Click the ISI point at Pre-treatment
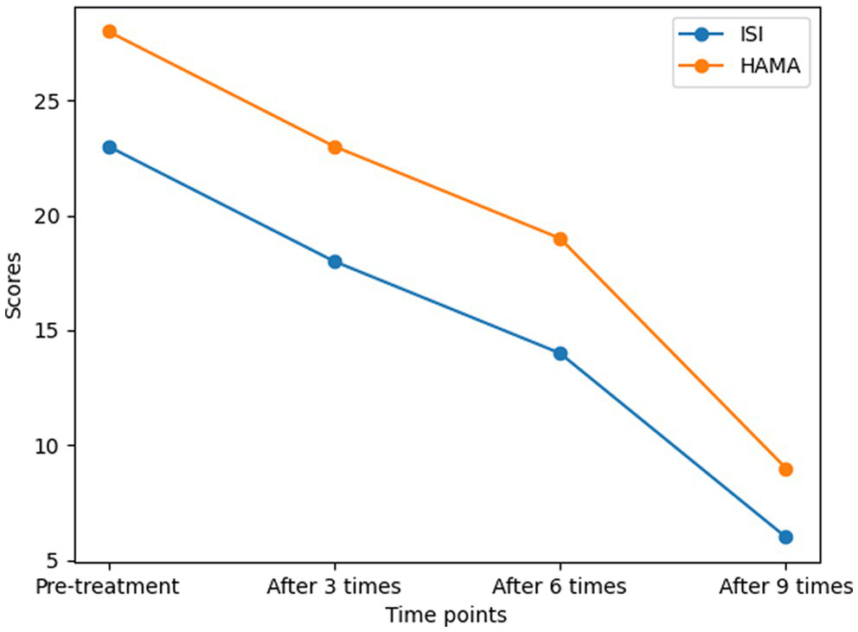tap(109, 147)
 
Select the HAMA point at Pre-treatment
tap(109, 32)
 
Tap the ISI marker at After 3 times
tap(335, 261)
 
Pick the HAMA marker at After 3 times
tap(335, 147)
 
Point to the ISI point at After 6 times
tap(560, 353)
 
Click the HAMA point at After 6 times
tap(560, 239)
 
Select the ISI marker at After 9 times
tap(785, 537)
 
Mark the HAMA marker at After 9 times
tap(785, 469)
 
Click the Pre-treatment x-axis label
tap(107, 586)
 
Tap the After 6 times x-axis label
tap(560, 586)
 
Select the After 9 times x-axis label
tap(786, 586)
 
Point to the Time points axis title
tap(446, 616)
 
